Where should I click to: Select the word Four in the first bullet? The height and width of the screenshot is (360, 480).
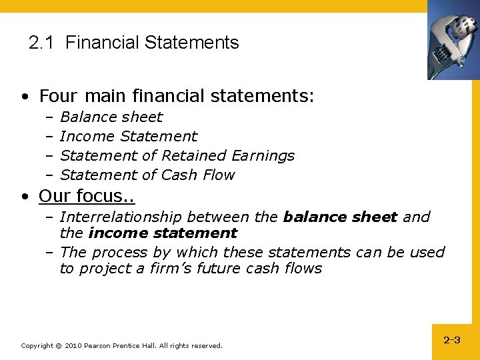point(58,96)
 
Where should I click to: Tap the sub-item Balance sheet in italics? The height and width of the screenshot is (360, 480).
point(111,117)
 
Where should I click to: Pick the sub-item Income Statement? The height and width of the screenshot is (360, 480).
point(128,137)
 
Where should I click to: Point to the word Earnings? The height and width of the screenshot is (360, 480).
point(263,156)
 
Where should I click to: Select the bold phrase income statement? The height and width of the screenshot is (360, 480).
point(162,233)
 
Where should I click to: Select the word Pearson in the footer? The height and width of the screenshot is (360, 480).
point(97,346)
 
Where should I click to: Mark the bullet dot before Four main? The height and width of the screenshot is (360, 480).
point(24,97)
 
